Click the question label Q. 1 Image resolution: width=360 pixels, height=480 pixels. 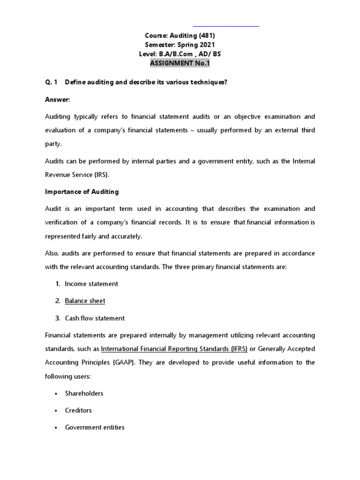(51, 82)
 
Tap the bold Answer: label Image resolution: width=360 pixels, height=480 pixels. (57, 99)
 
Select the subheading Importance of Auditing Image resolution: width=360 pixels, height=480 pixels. (82, 191)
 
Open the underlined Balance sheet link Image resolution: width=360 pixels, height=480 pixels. (85, 301)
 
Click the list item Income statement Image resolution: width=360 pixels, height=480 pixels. (91, 284)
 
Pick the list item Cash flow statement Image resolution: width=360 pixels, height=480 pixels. (95, 318)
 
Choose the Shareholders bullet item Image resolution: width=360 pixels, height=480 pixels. (84, 393)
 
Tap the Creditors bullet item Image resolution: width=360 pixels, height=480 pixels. (78, 410)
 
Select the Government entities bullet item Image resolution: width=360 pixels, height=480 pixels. (95, 427)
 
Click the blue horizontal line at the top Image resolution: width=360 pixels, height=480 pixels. (226, 26)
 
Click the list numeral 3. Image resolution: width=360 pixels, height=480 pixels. (57, 318)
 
